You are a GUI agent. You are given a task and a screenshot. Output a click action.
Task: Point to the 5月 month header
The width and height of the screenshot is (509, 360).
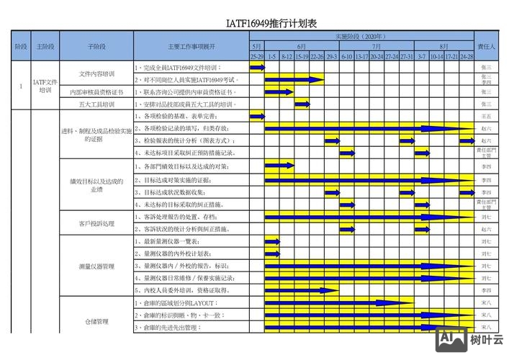(x=256, y=46)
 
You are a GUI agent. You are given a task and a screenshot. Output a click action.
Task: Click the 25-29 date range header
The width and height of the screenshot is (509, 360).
(x=256, y=55)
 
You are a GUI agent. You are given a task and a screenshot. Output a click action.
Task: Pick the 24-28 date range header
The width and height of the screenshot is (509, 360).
(x=467, y=55)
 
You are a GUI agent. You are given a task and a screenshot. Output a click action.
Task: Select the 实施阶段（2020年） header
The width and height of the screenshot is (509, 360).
(x=361, y=36)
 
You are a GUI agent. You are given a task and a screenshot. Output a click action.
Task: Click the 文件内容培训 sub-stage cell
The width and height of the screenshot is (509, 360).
(x=96, y=73)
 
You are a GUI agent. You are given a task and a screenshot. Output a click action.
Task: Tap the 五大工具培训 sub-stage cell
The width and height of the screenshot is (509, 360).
(x=96, y=104)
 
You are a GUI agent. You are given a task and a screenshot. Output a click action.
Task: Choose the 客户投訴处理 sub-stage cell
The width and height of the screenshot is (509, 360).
(x=96, y=223)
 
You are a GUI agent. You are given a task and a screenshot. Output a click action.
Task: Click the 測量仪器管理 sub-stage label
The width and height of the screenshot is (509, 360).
(x=96, y=266)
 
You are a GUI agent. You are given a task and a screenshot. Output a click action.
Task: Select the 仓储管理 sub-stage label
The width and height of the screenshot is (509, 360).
(x=96, y=321)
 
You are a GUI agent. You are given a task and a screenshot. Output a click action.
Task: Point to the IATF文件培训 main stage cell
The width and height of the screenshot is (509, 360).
(x=45, y=86)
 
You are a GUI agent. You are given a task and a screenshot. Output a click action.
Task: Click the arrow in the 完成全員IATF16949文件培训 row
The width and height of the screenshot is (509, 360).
(x=257, y=67)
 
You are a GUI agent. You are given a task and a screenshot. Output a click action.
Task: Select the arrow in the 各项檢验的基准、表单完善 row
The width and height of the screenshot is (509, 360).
(x=257, y=116)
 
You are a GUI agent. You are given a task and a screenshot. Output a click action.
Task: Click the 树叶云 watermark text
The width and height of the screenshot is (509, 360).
(x=487, y=340)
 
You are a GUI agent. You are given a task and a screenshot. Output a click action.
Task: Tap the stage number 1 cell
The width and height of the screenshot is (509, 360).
(x=21, y=86)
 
